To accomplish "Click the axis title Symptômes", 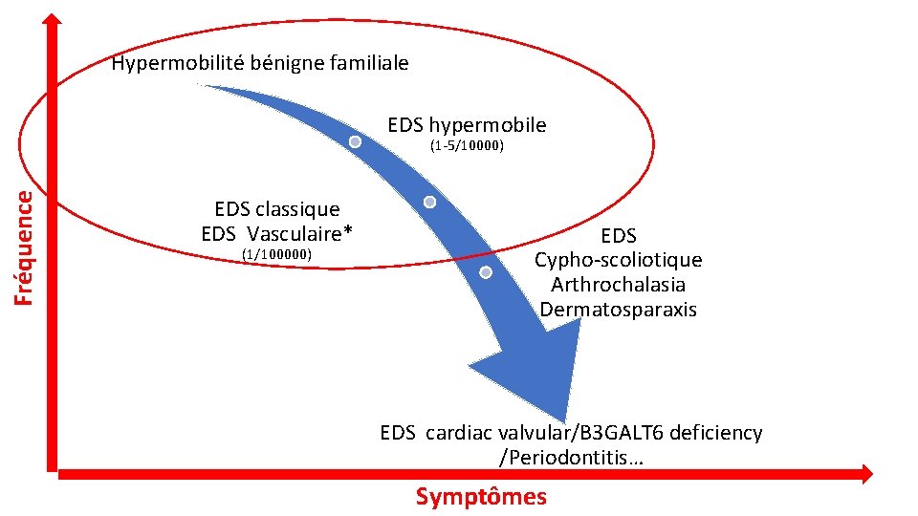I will pyautogui.click(x=481, y=496).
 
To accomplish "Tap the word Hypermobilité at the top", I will pyautogui.click(x=173, y=64).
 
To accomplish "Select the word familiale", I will pyautogui.click(x=368, y=64).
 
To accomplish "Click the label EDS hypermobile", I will pyautogui.click(x=467, y=125).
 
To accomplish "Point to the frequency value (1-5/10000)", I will pyautogui.click(x=467, y=147).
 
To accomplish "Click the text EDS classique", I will pyautogui.click(x=277, y=208).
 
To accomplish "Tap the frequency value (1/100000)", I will pyautogui.click(x=277, y=254).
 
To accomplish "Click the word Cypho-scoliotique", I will pyautogui.click(x=618, y=260).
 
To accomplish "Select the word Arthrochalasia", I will pyautogui.click(x=618, y=285).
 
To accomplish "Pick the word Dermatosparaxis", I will pyautogui.click(x=618, y=310).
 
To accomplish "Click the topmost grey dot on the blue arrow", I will pyautogui.click(x=355, y=142).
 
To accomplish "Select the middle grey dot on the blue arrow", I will pyautogui.click(x=429, y=203).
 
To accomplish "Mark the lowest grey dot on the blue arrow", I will pyautogui.click(x=486, y=273).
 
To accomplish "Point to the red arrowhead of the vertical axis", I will pyautogui.click(x=54, y=24).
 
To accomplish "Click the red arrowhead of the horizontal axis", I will pyautogui.click(x=865, y=472).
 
